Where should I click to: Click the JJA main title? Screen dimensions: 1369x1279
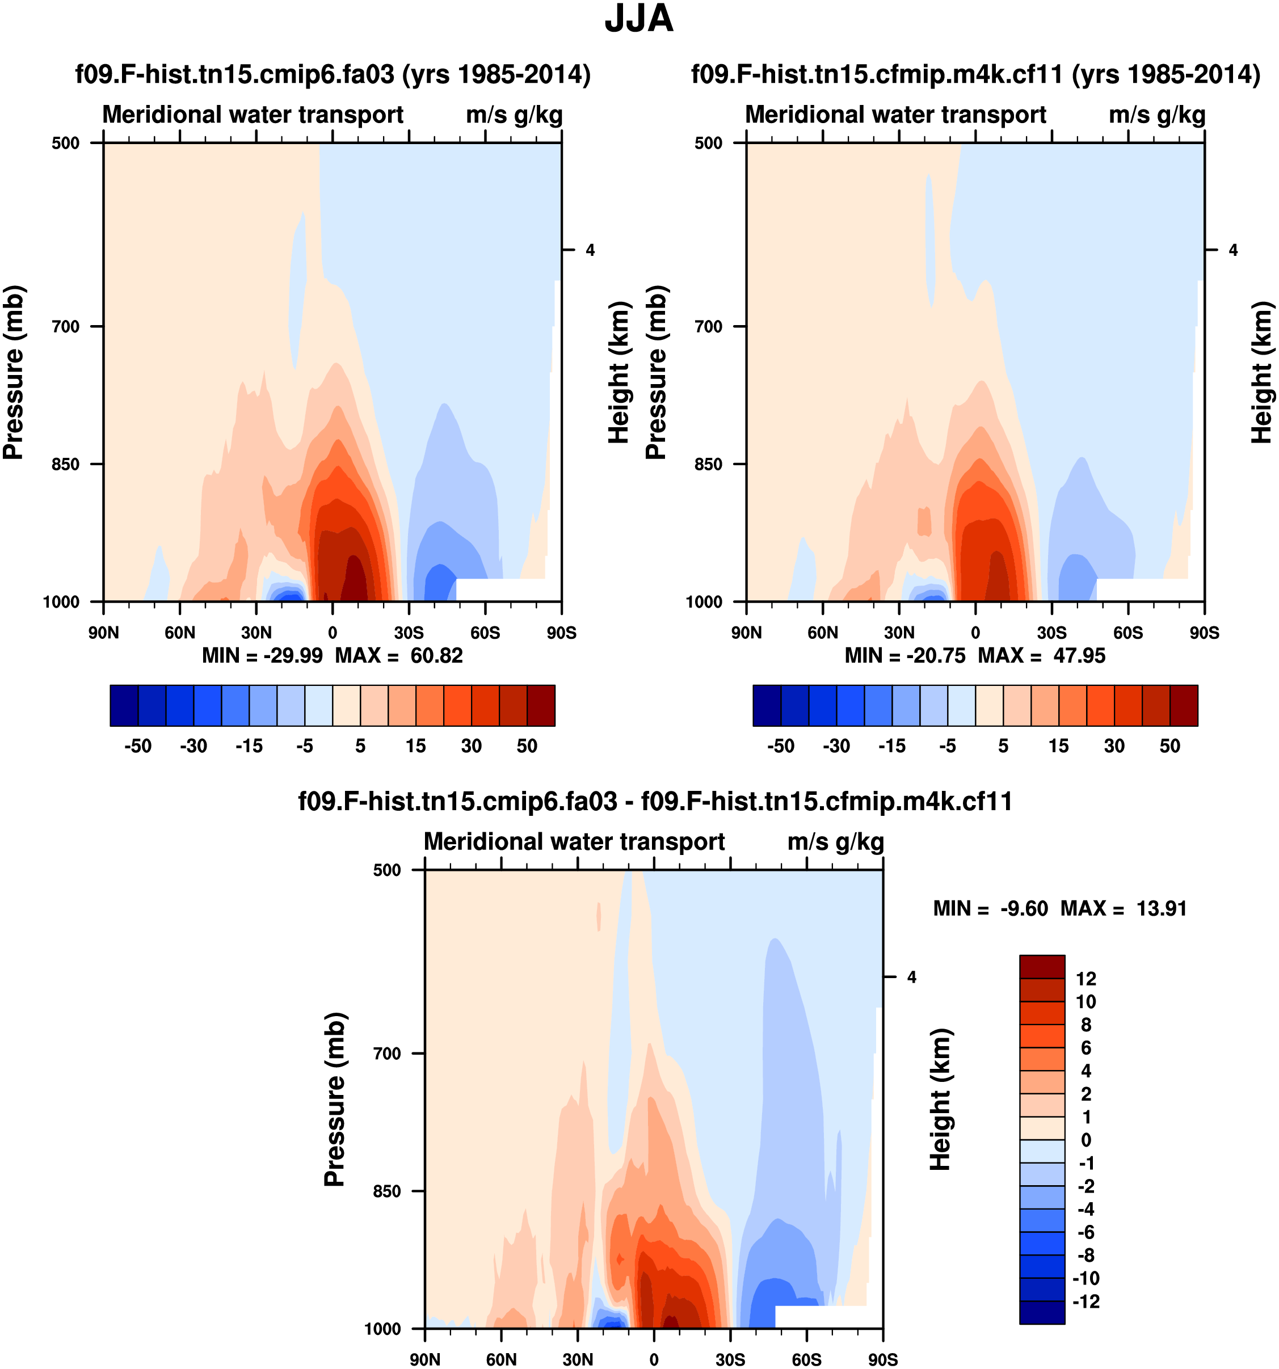click(x=638, y=19)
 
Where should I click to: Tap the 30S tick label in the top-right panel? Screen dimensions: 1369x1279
click(x=1051, y=633)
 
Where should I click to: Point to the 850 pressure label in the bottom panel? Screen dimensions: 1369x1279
click(x=386, y=1191)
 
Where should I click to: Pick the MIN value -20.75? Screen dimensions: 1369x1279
click(x=936, y=656)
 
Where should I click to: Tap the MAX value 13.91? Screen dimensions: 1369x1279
click(x=1161, y=908)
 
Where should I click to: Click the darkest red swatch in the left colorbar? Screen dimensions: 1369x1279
click(x=541, y=705)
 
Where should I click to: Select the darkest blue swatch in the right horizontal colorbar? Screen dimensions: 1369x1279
click(x=767, y=705)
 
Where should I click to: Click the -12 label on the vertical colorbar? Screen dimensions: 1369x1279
click(x=1086, y=1301)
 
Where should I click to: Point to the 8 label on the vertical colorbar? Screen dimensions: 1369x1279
click(x=1086, y=1025)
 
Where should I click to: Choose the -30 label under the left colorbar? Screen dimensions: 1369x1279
click(x=193, y=746)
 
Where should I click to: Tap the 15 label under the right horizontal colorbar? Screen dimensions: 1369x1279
click(x=1059, y=746)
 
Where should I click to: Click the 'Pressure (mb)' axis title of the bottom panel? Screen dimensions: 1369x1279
click(x=334, y=1099)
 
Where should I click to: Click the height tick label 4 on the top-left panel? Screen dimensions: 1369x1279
click(x=590, y=250)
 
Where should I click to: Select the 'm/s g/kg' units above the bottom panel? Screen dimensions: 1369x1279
click(x=835, y=841)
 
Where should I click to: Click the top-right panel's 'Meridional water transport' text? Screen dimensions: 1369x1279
click(x=895, y=114)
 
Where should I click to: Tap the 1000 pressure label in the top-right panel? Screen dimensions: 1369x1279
click(x=704, y=602)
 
